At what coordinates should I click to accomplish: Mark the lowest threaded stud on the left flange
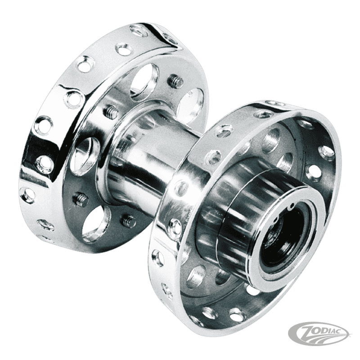(x=128, y=220)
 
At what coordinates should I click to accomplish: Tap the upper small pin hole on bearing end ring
(x=292, y=206)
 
